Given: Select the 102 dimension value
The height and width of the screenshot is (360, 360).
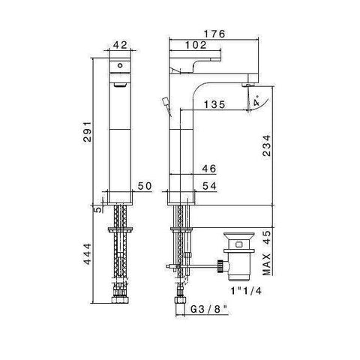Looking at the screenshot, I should [x=196, y=44].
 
